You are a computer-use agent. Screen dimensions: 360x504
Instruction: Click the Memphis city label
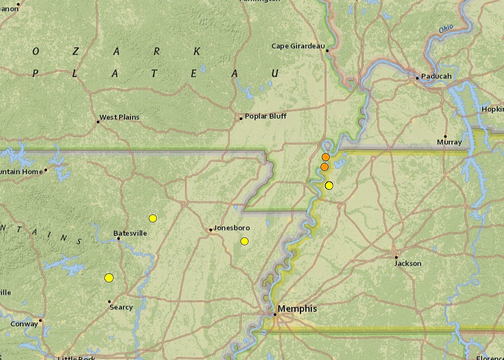(x=297, y=309)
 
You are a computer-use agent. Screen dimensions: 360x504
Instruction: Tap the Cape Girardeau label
(x=298, y=46)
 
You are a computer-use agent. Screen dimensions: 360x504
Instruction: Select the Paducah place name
(x=436, y=76)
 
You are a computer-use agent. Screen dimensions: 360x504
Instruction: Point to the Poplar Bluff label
(x=265, y=116)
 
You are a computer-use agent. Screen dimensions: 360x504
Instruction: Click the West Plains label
(x=120, y=117)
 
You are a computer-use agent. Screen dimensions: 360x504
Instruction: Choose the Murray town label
(x=449, y=142)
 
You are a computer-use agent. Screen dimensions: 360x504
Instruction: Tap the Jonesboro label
(x=232, y=227)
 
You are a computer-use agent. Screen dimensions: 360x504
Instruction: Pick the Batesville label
(x=130, y=234)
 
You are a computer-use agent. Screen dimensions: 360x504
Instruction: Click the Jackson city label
(x=408, y=263)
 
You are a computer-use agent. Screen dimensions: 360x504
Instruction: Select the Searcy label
(x=121, y=307)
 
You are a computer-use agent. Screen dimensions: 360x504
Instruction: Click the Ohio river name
(x=446, y=29)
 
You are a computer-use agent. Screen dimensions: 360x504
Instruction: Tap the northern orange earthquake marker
(x=326, y=157)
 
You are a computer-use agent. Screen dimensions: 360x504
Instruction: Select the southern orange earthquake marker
(x=324, y=167)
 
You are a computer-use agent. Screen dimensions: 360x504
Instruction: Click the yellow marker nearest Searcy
(x=109, y=278)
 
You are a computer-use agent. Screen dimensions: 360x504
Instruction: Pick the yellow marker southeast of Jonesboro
(x=245, y=241)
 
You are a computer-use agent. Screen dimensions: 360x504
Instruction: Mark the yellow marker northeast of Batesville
(x=153, y=218)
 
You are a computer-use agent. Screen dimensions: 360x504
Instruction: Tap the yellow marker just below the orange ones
(x=329, y=186)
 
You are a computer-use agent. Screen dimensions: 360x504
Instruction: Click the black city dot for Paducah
(x=417, y=78)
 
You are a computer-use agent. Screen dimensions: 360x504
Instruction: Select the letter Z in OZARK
(x=76, y=51)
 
